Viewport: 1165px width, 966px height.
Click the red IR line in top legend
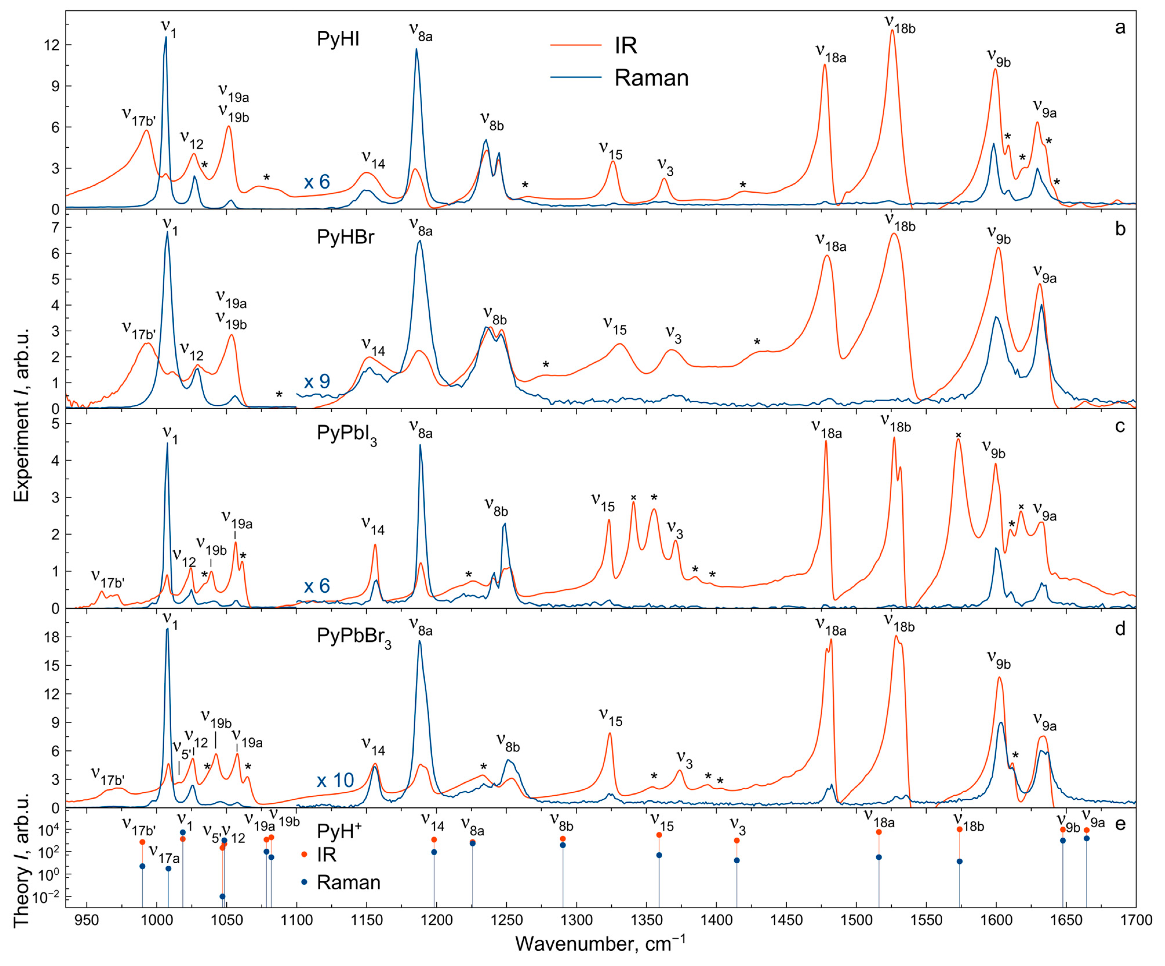coord(576,45)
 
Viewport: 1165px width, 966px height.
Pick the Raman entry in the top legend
coord(651,78)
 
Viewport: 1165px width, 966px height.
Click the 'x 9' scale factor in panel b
coord(317,381)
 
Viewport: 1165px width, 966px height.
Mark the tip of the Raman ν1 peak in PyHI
coord(165,37)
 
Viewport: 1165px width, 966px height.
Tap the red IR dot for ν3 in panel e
coord(737,840)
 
